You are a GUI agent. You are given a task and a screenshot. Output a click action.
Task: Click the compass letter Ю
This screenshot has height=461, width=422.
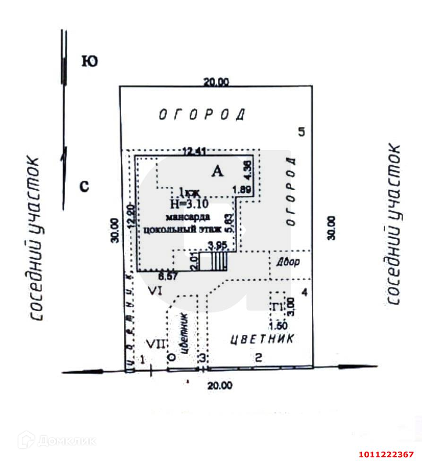click(90, 61)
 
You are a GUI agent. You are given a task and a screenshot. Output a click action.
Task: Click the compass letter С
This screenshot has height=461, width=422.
click(84, 187)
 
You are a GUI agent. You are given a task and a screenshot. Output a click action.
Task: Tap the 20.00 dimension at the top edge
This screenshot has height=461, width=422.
click(216, 82)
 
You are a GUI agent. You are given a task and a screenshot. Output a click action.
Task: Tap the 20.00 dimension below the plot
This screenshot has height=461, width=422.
click(220, 386)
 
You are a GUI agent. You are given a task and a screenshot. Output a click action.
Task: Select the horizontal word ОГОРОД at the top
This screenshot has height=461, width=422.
click(202, 115)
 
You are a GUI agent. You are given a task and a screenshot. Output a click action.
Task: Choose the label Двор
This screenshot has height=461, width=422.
click(288, 262)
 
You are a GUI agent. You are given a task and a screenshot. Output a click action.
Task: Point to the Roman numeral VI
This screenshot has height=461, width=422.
click(155, 291)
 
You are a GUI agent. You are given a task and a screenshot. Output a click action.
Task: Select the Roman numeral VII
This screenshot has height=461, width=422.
click(155, 343)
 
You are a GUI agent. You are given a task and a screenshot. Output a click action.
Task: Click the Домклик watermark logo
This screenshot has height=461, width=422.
click(57, 441)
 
